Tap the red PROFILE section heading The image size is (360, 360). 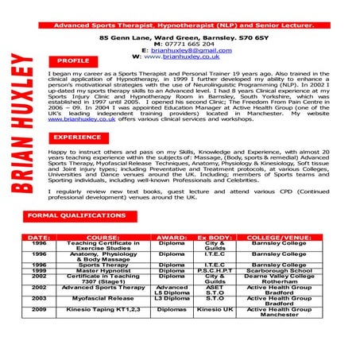pyautogui.click(x=73, y=60)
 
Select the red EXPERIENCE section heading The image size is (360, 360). pyautogui.click(x=78, y=137)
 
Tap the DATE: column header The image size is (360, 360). pyautogui.click(x=40, y=238)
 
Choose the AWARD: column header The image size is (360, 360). pyautogui.click(x=172, y=238)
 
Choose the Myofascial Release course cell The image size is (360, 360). pyautogui.click(x=103, y=299)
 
